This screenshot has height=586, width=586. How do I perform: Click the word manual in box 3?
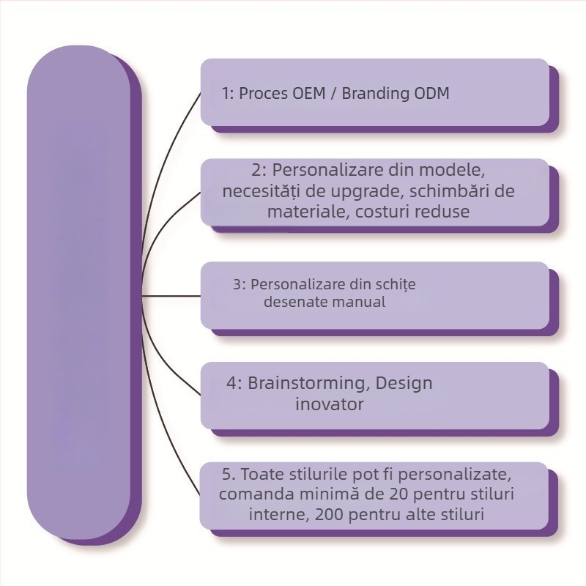(x=363, y=302)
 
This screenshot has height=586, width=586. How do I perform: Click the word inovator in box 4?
(x=329, y=404)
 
